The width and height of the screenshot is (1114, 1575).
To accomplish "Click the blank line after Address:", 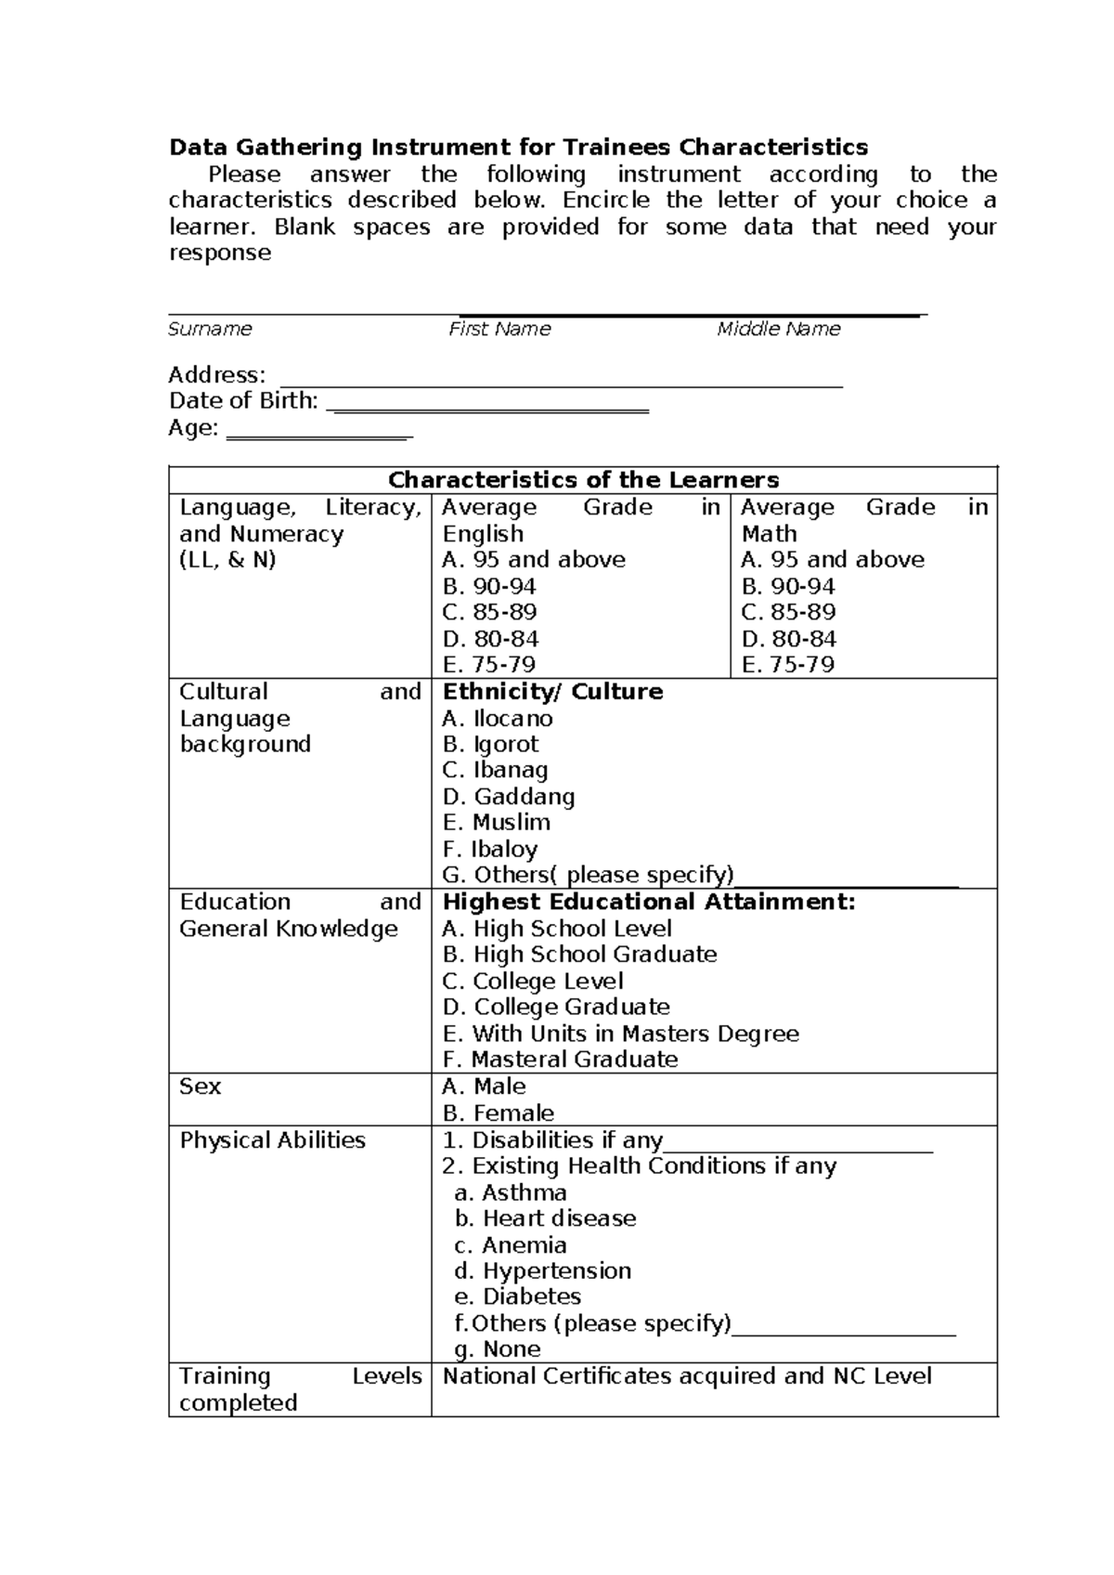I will (561, 383).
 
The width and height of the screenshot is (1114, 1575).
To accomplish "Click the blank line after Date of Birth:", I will (488, 409).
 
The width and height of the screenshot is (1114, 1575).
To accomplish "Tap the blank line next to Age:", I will (319, 436).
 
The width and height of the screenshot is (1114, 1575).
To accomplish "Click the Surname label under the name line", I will (210, 329).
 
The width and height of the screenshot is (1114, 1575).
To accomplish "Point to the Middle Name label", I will (778, 329).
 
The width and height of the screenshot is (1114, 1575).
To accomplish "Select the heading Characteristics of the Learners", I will (583, 480).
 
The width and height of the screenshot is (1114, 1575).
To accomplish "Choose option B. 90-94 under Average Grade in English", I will (489, 586).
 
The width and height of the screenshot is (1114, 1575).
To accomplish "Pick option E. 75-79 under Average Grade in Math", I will (787, 665).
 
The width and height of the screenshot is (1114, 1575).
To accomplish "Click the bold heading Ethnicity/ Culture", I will (552, 692).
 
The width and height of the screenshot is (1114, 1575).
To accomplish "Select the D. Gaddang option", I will (509, 797).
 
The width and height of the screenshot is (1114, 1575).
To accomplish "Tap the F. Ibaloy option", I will (490, 849).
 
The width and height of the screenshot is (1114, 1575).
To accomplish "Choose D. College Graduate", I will (556, 1007).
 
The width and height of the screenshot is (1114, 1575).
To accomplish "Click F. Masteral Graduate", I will (560, 1060).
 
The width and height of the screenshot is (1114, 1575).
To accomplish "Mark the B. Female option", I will (499, 1113).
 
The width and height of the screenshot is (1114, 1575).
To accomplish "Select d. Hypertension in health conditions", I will (543, 1270).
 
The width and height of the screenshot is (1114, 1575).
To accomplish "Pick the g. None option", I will (498, 1349).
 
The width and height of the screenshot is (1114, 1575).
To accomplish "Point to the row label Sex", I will (200, 1087).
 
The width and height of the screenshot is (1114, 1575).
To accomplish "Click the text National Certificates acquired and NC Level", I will (687, 1376).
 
